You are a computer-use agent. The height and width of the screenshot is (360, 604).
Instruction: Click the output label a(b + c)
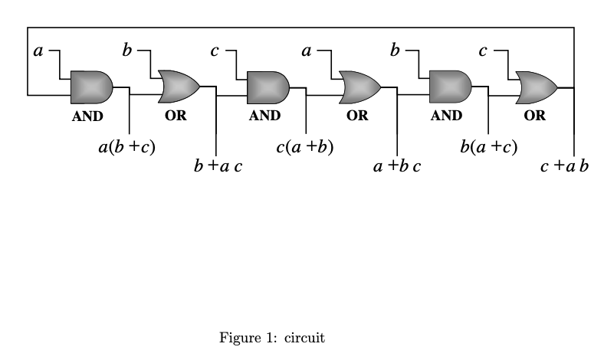pyautogui.click(x=127, y=147)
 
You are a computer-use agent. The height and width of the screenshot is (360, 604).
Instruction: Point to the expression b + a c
pyautogui.click(x=218, y=165)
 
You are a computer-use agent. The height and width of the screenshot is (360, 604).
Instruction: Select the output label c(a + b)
pyautogui.click(x=305, y=147)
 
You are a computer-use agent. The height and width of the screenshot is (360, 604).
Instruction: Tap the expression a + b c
pyautogui.click(x=397, y=165)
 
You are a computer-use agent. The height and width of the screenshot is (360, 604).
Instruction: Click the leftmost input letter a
pyautogui.click(x=38, y=51)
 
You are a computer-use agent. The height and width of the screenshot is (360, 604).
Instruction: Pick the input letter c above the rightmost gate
pyautogui.click(x=483, y=51)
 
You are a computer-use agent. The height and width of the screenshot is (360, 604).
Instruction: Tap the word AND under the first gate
pyautogui.click(x=87, y=116)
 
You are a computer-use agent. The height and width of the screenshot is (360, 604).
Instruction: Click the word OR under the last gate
pyautogui.click(x=535, y=116)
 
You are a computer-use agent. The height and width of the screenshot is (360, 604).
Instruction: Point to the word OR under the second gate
pyautogui.click(x=176, y=116)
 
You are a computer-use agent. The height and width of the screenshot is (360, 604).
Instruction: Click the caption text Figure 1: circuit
pyautogui.click(x=272, y=337)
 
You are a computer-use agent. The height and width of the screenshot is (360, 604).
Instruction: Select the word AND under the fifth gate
pyautogui.click(x=446, y=116)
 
